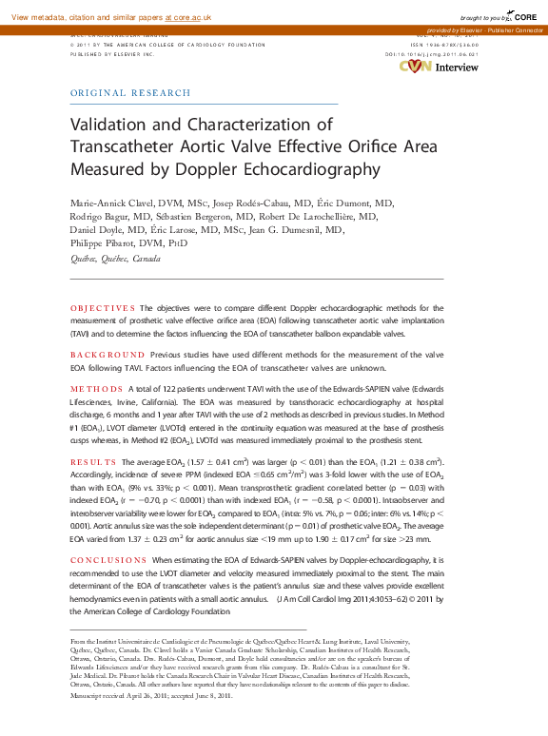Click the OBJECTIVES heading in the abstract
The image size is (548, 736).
point(104,309)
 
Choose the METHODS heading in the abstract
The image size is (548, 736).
point(97,390)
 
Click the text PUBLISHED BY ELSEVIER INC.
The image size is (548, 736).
point(112,55)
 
